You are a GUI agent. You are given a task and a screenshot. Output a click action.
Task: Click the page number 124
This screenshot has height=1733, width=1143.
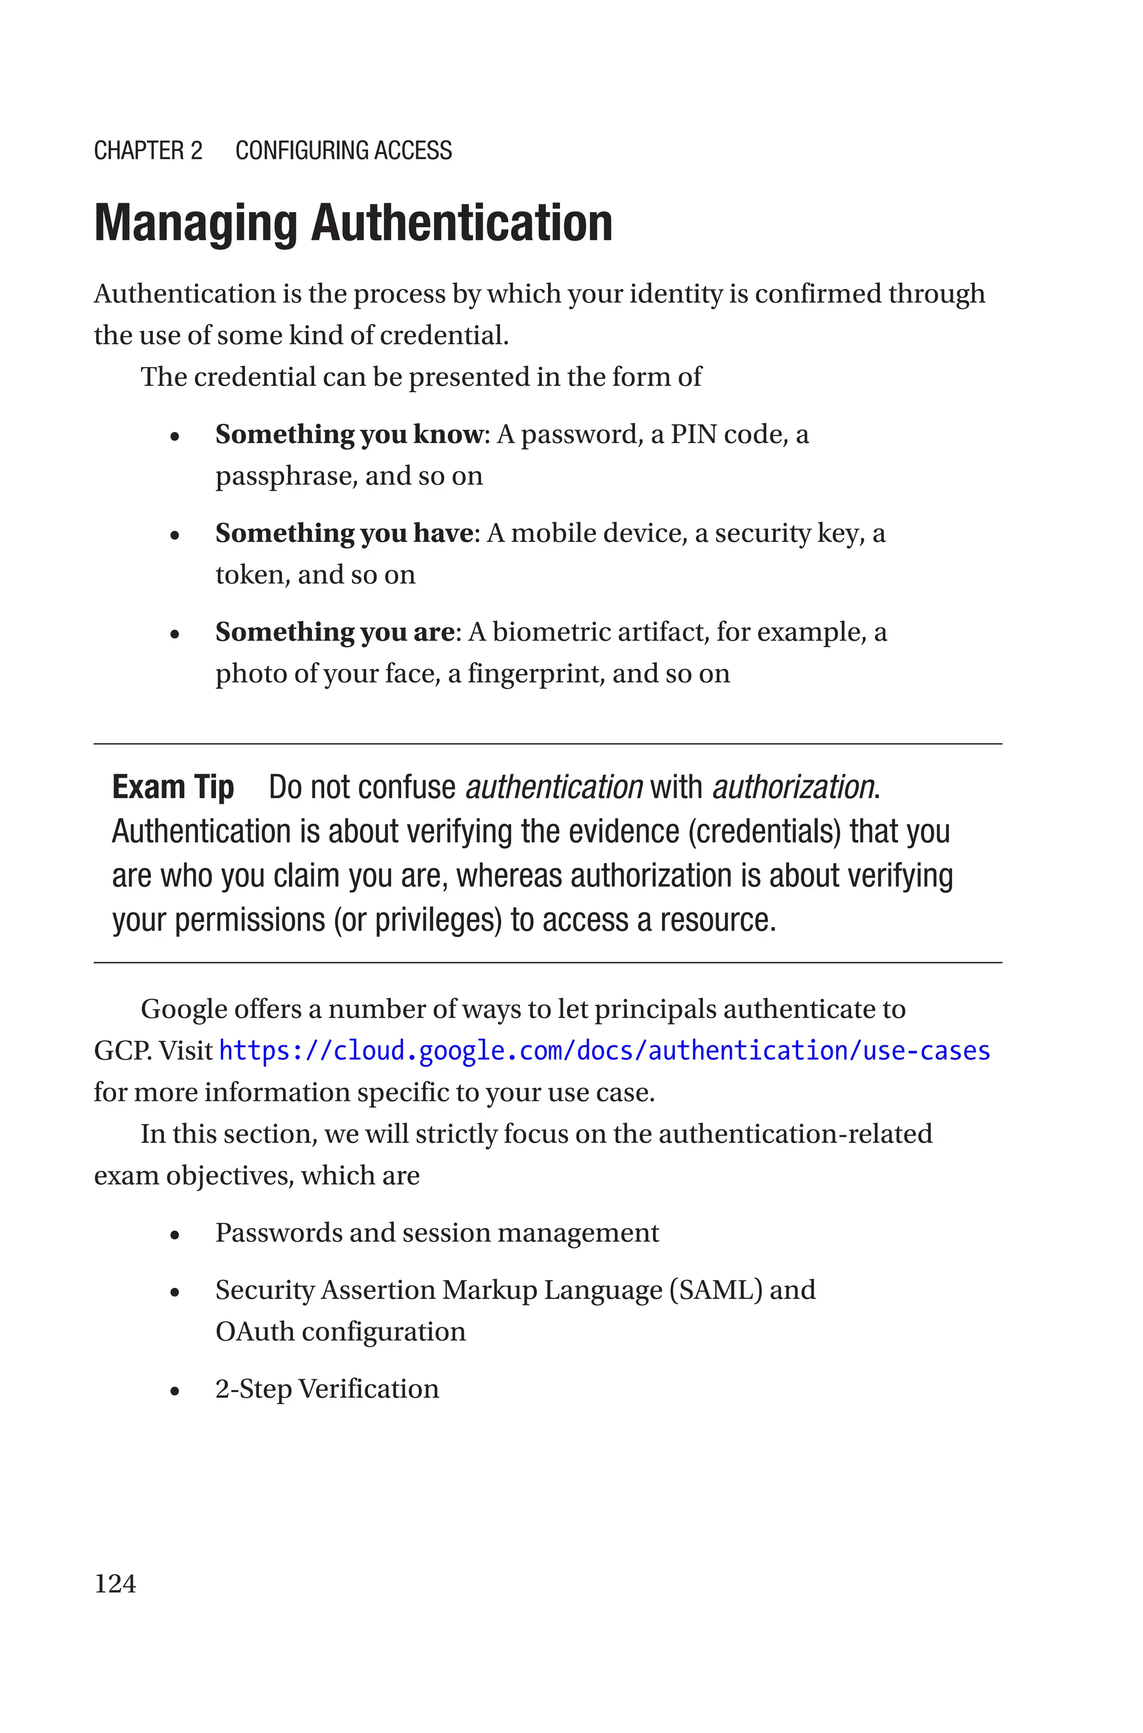coord(115,1583)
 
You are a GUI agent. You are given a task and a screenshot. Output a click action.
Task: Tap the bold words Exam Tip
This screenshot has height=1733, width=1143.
coord(173,788)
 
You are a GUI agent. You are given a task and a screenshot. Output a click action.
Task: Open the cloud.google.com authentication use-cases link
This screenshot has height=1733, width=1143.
coord(604,1051)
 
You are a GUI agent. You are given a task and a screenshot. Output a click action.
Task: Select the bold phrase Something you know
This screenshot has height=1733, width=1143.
coord(348,434)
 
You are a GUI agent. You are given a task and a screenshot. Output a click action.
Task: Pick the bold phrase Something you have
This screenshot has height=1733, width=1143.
coord(344,534)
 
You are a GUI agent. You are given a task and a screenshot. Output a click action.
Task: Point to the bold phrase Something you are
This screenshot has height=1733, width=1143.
coord(335,632)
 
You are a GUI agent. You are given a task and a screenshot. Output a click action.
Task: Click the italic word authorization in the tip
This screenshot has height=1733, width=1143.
coord(793,788)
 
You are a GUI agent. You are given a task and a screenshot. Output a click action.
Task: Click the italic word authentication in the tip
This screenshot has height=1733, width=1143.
coord(554,788)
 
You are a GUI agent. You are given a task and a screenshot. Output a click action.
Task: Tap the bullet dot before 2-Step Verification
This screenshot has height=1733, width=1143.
coord(174,1390)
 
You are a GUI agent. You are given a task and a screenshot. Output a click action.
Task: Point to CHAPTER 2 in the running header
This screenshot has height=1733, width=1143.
coord(148,151)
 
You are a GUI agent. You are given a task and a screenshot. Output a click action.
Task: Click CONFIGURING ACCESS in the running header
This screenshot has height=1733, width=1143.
coord(343,151)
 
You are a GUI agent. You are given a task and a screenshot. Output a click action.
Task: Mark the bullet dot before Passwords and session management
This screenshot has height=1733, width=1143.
coord(174,1235)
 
